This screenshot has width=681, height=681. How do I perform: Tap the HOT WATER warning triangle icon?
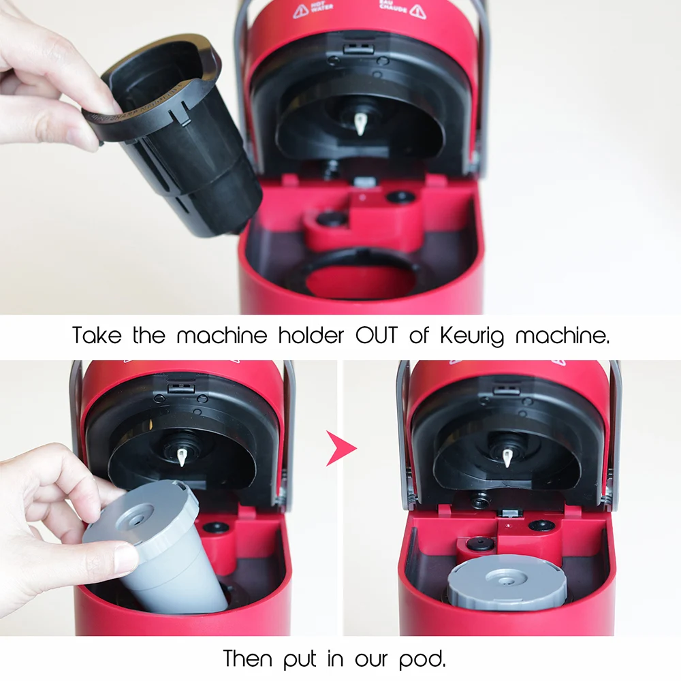(x=300, y=11)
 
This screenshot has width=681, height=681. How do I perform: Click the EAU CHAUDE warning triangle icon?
(x=417, y=11)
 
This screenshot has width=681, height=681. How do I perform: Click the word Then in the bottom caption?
(x=249, y=659)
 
